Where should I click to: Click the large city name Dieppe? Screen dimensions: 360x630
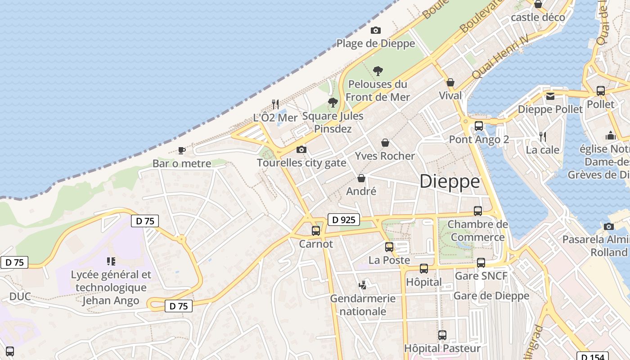click(x=450, y=181)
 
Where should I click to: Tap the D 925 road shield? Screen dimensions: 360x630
click(x=344, y=220)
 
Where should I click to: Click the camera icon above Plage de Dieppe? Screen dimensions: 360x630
click(x=375, y=31)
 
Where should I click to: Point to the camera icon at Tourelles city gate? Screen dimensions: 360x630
click(x=301, y=149)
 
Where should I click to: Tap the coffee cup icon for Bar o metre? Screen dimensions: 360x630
click(x=182, y=150)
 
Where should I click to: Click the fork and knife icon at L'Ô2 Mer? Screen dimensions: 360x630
click(x=275, y=104)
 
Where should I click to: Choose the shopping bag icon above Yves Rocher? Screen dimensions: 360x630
click(x=385, y=143)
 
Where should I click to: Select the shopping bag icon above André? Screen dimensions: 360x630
click(x=361, y=178)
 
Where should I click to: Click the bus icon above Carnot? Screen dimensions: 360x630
click(x=316, y=231)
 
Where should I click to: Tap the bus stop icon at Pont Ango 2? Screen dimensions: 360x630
click(x=479, y=126)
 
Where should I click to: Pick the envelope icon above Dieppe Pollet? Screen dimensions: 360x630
click(x=550, y=96)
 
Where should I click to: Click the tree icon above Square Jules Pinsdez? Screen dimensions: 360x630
click(x=333, y=103)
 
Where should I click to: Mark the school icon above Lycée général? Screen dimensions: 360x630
click(x=111, y=261)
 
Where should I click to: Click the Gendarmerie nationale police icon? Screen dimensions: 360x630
click(x=363, y=285)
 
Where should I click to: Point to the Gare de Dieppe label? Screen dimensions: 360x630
click(x=491, y=296)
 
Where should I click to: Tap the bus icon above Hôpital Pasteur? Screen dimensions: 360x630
click(x=442, y=335)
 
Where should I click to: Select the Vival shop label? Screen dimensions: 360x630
click(x=450, y=95)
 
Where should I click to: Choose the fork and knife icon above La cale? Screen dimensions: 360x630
click(x=543, y=136)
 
